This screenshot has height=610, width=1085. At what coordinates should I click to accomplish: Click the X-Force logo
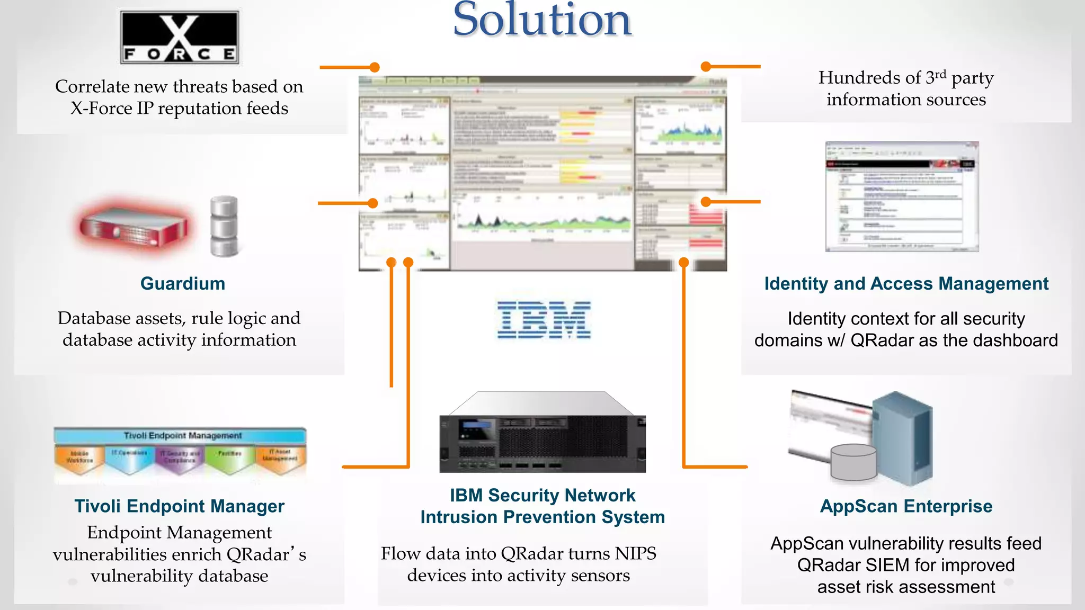(x=180, y=38)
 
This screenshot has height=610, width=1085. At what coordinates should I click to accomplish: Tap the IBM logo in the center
(x=544, y=320)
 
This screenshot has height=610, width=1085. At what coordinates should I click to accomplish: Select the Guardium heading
(x=183, y=284)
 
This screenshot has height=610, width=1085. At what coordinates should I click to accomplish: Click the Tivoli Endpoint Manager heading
(x=179, y=506)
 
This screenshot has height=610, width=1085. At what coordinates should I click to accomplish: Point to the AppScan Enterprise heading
(x=906, y=506)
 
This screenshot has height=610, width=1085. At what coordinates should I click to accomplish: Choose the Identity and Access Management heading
(x=906, y=284)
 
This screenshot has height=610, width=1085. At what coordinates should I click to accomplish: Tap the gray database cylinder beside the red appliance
(x=224, y=226)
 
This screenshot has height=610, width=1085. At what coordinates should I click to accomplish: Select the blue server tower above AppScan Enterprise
(x=903, y=437)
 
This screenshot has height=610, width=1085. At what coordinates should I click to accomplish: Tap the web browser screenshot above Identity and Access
(x=902, y=196)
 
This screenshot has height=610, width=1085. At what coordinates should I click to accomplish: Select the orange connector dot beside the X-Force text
(x=375, y=67)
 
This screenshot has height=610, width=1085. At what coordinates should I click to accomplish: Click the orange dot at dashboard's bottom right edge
(x=683, y=262)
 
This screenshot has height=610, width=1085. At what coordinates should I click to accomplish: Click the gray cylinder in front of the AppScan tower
(x=853, y=461)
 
